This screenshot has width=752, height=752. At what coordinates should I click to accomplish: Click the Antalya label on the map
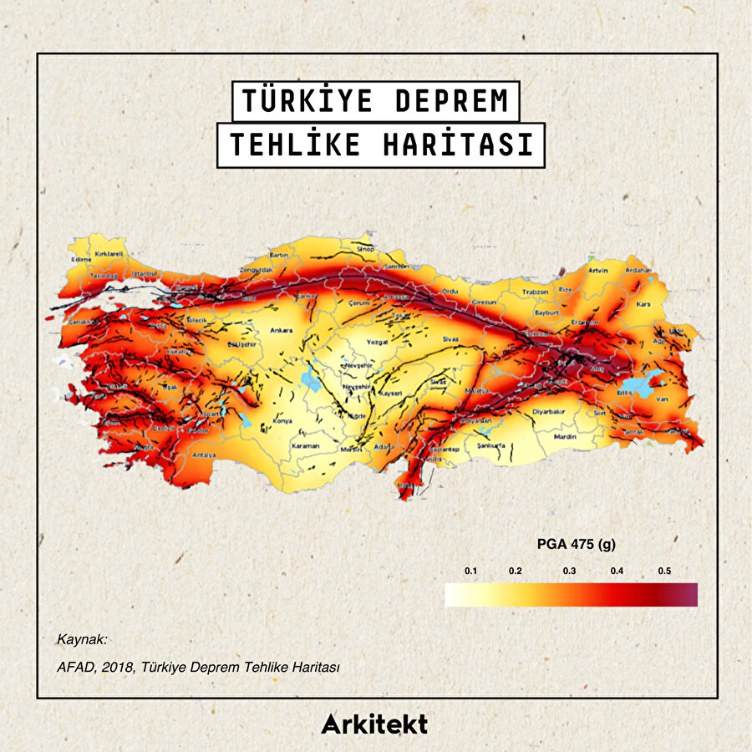pos(205,455)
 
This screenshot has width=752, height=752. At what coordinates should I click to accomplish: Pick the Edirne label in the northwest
pos(81,259)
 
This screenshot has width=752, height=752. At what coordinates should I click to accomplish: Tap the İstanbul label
pos(145,272)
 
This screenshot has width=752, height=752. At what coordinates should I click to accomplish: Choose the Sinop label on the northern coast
pos(365,248)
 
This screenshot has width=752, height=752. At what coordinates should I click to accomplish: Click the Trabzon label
pos(535,292)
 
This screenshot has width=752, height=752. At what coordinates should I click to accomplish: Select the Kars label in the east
pos(643,304)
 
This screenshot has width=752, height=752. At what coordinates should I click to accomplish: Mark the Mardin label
pos(566,436)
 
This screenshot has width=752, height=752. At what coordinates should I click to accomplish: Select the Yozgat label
pos(379,342)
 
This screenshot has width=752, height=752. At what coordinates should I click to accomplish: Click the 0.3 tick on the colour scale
pos(569,571)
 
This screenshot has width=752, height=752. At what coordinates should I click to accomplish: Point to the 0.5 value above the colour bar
pos(664,571)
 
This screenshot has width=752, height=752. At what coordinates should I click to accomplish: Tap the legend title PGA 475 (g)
pos(576,545)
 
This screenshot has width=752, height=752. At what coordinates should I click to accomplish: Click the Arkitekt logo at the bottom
pos(374,724)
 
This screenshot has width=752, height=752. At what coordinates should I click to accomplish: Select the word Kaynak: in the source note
pos(83,639)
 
